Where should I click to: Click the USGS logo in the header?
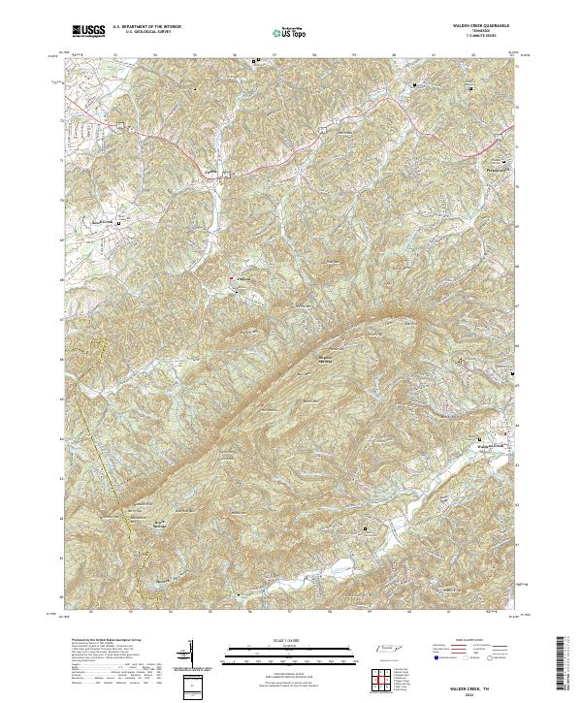point(88,32)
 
